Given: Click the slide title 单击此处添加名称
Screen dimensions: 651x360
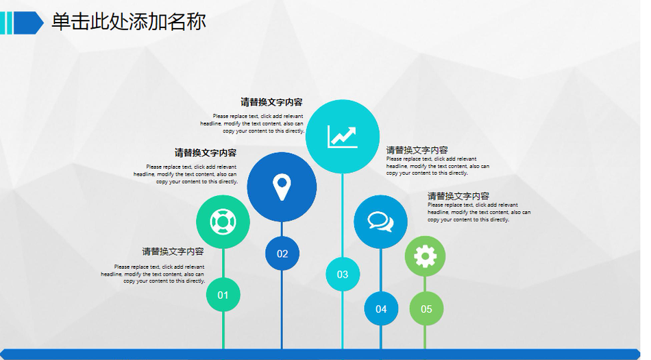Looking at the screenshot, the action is coord(129,21).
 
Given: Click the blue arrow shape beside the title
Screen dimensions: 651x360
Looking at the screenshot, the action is coord(29,23).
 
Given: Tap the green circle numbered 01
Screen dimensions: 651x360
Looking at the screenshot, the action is coord(223,295).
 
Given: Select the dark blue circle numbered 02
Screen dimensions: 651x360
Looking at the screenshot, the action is coord(282,253).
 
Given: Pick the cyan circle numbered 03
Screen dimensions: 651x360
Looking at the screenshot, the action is coord(343,274).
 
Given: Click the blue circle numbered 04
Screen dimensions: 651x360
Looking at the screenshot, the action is coord(381,309).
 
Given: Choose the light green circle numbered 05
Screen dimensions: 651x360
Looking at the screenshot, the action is coord(426,309).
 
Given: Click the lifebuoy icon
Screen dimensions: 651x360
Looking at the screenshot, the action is coord(223,221).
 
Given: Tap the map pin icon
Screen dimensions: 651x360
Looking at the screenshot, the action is coord(282,187).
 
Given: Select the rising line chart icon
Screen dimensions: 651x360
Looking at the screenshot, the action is coord(343,136).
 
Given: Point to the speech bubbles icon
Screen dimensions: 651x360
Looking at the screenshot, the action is coord(381,221).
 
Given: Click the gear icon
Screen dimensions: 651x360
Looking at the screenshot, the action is coord(425,256).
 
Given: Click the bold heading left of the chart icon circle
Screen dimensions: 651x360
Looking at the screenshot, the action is coord(271,102).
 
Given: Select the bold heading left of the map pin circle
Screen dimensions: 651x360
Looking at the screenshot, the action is coord(206,153).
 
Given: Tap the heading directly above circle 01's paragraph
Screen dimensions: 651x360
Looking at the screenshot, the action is coord(173,251).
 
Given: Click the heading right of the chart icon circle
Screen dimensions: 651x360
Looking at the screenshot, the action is coord(417,150).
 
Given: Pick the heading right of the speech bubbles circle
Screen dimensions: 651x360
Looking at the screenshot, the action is coord(458,196).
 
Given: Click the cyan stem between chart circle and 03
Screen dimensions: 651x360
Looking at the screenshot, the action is coord(343,215).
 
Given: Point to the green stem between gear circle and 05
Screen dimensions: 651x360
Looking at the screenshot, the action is coord(425,284).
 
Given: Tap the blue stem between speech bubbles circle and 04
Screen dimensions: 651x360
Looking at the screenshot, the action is coord(381,270).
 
